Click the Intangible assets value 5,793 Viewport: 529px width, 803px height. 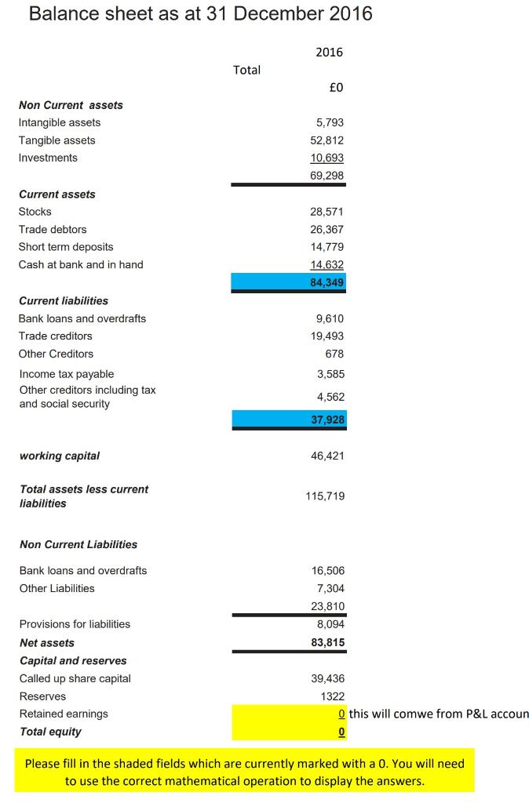pos(330,122)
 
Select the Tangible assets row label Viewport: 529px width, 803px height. pos(57,140)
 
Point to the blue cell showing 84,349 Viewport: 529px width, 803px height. pos(289,282)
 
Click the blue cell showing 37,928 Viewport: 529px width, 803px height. pos(289,420)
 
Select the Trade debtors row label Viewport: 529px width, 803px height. pos(53,229)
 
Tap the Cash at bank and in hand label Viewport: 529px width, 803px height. pos(81,264)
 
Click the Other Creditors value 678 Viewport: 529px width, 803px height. pos(334,354)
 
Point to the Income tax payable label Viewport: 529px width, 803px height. pos(67,374)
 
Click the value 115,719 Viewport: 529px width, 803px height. pos(326,496)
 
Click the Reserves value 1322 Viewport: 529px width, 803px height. pos(333,696)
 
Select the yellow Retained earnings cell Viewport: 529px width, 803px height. pos(289,714)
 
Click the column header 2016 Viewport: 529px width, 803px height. pos(330,53)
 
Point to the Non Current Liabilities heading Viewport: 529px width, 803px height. pos(78,544)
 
